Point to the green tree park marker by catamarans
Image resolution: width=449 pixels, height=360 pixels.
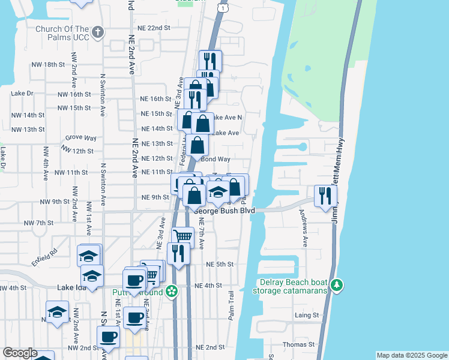337,283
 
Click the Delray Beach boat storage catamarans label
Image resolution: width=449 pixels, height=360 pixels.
294,287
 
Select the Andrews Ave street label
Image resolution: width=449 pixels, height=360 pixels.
305,232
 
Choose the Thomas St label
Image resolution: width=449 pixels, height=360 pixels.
298,344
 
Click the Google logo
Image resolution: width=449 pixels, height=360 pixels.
20,353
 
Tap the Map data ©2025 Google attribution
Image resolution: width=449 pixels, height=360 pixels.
411,355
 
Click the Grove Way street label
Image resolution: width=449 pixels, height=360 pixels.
81,138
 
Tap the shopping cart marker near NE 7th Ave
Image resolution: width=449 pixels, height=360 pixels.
183,236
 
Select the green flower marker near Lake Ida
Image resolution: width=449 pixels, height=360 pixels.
172,292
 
